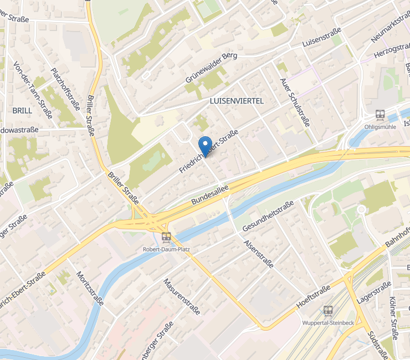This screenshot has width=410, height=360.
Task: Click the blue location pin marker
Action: click(205, 145)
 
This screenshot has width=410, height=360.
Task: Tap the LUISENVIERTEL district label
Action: click(237, 101)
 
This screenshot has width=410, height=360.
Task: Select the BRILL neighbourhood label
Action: click(22, 110)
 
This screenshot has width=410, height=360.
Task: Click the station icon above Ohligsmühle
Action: click(380, 114)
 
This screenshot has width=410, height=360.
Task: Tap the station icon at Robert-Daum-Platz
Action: click(166, 238)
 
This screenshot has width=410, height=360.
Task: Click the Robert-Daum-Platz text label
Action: click(166, 249)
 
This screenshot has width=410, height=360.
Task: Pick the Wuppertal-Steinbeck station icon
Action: click(328, 311)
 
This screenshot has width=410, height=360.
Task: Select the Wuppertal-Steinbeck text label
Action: click(328, 322)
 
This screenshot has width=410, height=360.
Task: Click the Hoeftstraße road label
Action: click(314, 295)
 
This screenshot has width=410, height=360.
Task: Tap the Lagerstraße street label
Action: click(375, 292)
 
